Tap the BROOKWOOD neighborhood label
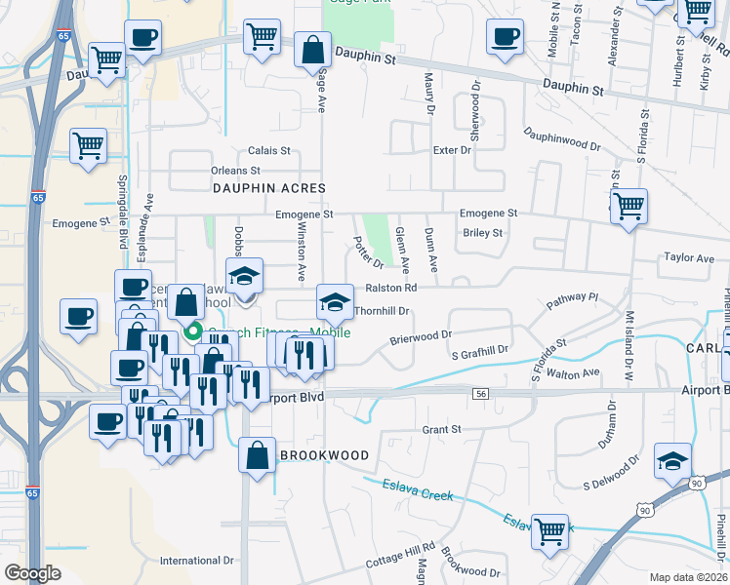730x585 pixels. (324, 455)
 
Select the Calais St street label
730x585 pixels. (269, 151)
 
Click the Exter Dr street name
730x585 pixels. (452, 150)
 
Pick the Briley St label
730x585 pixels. (482, 233)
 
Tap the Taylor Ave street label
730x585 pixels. (689, 258)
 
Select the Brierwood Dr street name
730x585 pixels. (422, 334)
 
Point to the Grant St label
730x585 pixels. (441, 429)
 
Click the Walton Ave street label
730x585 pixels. (573, 373)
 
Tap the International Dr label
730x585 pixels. (198, 561)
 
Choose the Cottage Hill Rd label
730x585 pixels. (399, 559)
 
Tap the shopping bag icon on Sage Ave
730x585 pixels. (311, 50)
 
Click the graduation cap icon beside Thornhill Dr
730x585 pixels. (334, 301)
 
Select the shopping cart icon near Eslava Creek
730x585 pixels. (550, 531)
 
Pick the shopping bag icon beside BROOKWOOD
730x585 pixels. (256, 455)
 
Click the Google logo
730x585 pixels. (32, 572)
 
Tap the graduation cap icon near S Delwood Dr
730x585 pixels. (672, 461)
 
